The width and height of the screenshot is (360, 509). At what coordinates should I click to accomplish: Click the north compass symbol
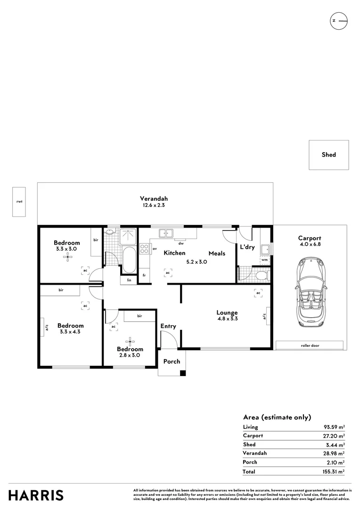339,21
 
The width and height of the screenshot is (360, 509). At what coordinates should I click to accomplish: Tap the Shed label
328,155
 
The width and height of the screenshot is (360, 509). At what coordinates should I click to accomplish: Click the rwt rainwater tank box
19,202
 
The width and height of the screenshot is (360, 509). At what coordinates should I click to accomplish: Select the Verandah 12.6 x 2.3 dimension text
154,205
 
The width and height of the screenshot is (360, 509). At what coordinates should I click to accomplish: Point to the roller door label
310,346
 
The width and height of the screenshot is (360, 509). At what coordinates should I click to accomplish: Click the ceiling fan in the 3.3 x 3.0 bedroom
68,258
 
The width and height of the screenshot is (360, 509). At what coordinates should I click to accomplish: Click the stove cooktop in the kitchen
144,249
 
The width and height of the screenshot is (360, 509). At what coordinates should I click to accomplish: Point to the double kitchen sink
166,233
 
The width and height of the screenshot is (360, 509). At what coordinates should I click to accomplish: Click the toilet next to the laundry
262,276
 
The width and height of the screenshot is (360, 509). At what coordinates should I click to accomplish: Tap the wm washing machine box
264,260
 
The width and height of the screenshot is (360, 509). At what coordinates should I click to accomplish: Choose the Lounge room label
227,313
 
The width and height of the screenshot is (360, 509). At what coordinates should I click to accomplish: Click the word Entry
168,326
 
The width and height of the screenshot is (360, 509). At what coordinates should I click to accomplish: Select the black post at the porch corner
183,373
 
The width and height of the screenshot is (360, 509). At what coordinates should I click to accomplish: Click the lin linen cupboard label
129,280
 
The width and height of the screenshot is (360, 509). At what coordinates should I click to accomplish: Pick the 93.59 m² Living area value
334,427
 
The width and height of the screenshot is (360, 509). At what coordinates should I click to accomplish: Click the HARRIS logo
36,496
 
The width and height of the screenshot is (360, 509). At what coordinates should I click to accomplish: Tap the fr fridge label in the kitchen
144,275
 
